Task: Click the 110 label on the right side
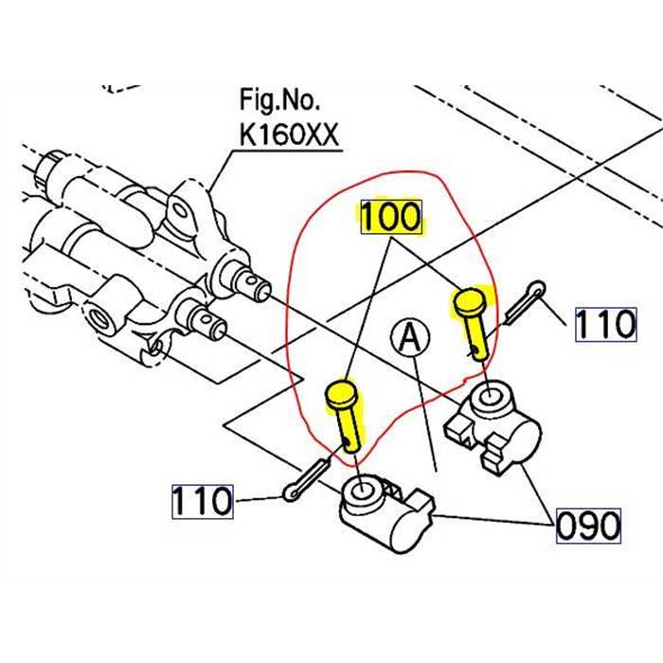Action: (x=605, y=325)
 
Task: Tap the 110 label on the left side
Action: (x=202, y=500)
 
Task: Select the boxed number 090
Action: (x=587, y=524)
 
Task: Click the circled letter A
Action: (x=410, y=336)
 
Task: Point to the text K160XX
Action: (x=290, y=134)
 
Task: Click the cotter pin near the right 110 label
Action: (x=524, y=301)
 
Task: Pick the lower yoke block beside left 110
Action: (x=384, y=512)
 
